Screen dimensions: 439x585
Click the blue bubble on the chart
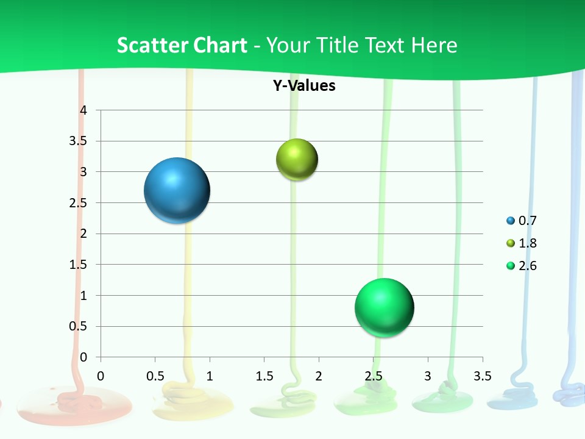[x=177, y=190]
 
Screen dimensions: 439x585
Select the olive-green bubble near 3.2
[x=297, y=160]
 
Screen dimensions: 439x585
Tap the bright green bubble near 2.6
[x=384, y=307]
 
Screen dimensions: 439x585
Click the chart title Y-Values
[x=304, y=85]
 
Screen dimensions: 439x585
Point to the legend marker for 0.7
[x=511, y=221]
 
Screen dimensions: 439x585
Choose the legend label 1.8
[x=528, y=243]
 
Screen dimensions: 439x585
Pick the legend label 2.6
[x=528, y=266]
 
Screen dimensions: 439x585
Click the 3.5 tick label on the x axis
[x=482, y=376]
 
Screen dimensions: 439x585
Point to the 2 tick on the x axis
[x=319, y=376]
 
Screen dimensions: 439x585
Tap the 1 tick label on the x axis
[x=210, y=376]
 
